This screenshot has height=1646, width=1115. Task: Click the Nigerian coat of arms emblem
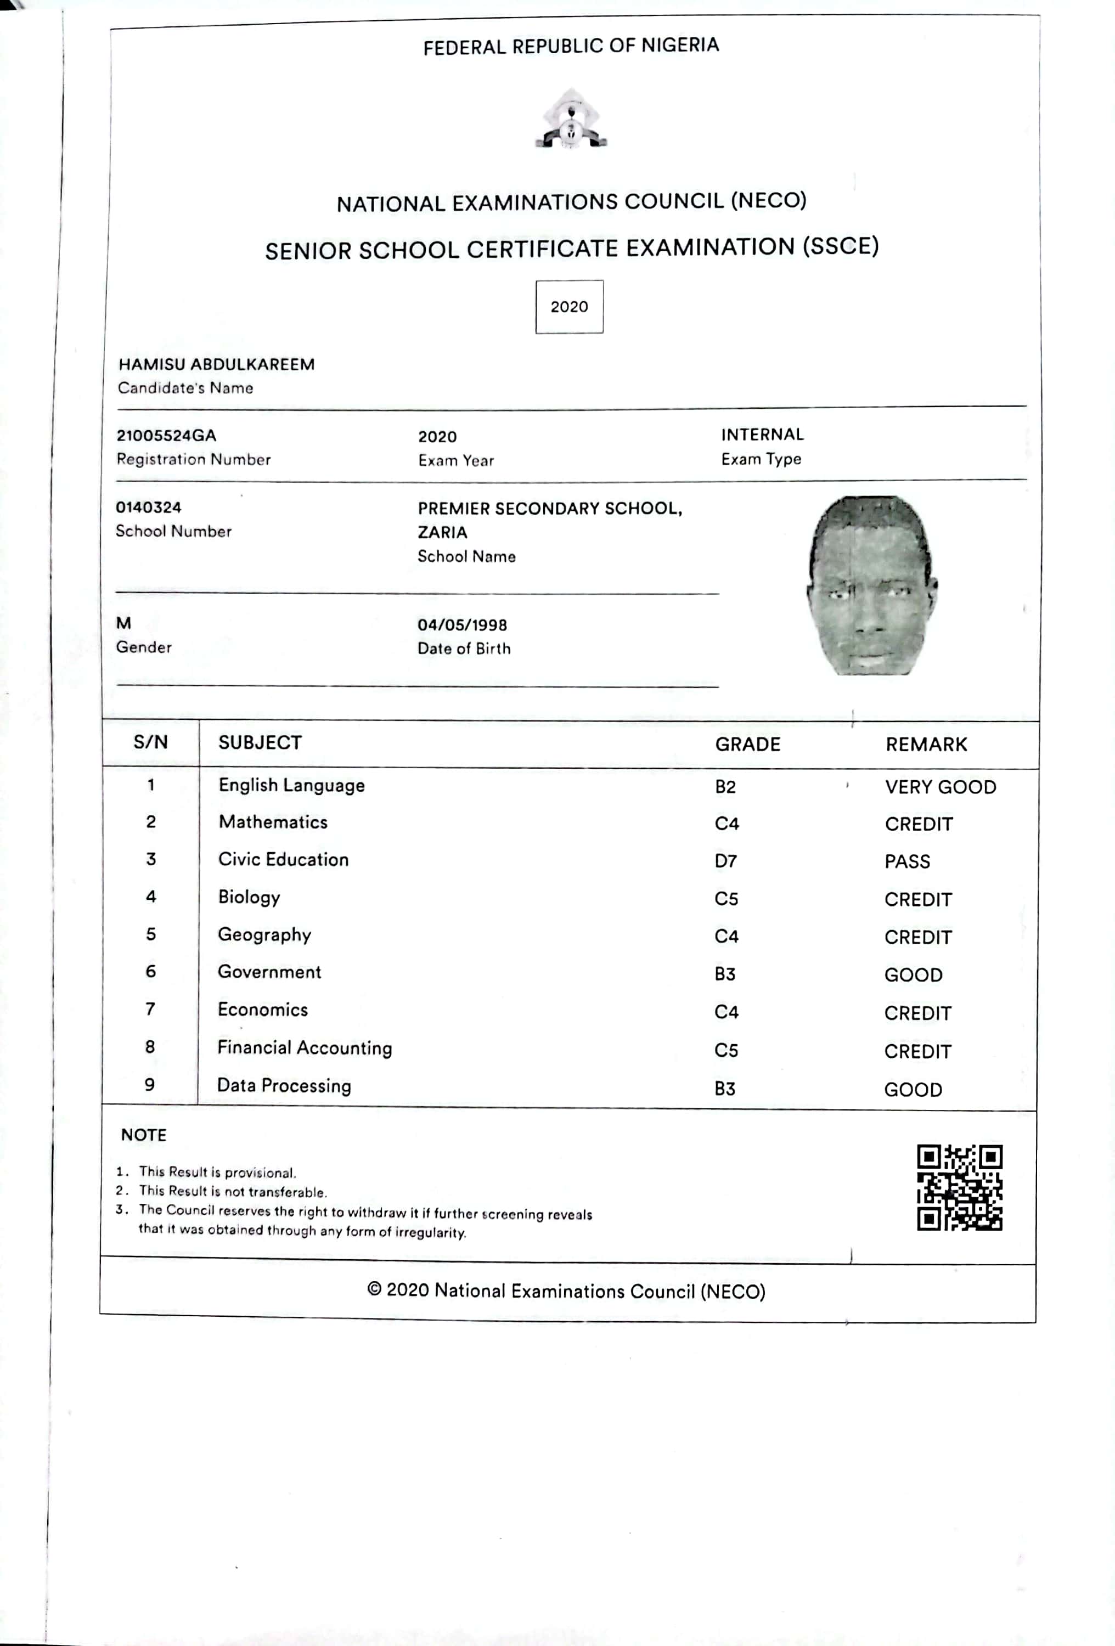(x=571, y=119)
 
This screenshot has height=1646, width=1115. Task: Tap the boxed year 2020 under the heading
(x=569, y=307)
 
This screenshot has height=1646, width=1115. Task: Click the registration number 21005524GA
(x=166, y=436)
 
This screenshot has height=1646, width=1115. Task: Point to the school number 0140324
(x=149, y=507)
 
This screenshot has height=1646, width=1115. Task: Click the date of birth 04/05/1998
(x=462, y=625)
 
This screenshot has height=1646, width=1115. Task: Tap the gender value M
(x=124, y=623)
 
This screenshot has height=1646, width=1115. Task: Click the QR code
(x=959, y=1187)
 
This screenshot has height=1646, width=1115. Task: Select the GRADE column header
(x=747, y=745)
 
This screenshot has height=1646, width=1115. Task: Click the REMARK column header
(x=926, y=745)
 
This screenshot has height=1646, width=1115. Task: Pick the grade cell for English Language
(x=725, y=787)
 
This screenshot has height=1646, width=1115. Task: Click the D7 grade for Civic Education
(x=725, y=861)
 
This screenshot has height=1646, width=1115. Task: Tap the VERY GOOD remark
(x=940, y=787)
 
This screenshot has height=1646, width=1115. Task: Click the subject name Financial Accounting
(x=305, y=1048)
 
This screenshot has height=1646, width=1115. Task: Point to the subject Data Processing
(x=284, y=1086)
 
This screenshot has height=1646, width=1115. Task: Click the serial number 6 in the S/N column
(x=151, y=971)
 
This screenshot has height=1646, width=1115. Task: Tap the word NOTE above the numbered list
(x=144, y=1135)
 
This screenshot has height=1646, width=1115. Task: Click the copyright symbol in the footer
(x=374, y=1289)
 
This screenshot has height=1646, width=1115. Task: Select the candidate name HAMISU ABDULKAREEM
(x=217, y=364)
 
